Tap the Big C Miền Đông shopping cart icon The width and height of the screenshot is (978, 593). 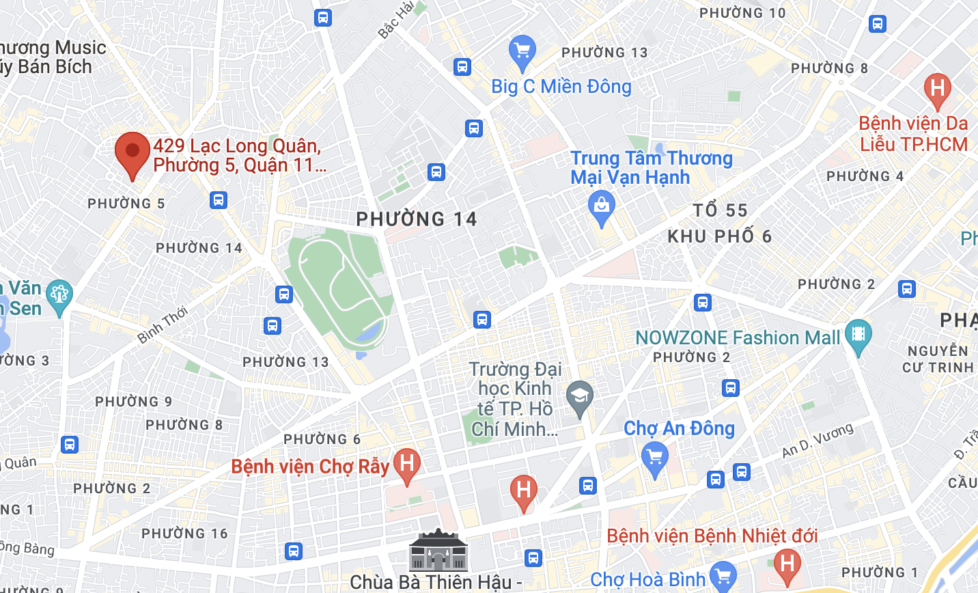522,51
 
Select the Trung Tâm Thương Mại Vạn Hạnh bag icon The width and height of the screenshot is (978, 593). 602,206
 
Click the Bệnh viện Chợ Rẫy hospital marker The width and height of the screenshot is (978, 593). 407,465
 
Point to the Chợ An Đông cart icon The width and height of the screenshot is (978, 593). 655,456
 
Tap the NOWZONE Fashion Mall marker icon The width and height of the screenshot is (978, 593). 858,334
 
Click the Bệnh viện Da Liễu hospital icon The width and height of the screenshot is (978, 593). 937,89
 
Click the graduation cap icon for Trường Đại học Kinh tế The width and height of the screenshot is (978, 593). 579,396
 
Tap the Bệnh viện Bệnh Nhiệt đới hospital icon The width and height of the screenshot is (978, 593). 787,564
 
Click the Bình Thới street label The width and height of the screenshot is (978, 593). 163,325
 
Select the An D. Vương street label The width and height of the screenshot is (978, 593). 818,441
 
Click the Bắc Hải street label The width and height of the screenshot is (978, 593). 396,20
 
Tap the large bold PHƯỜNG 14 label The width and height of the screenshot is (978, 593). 417,219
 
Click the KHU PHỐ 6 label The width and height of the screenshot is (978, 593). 720,236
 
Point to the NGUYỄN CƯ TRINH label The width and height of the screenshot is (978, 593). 938,359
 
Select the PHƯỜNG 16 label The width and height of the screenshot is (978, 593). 184,534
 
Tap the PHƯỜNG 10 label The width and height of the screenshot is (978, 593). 742,13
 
